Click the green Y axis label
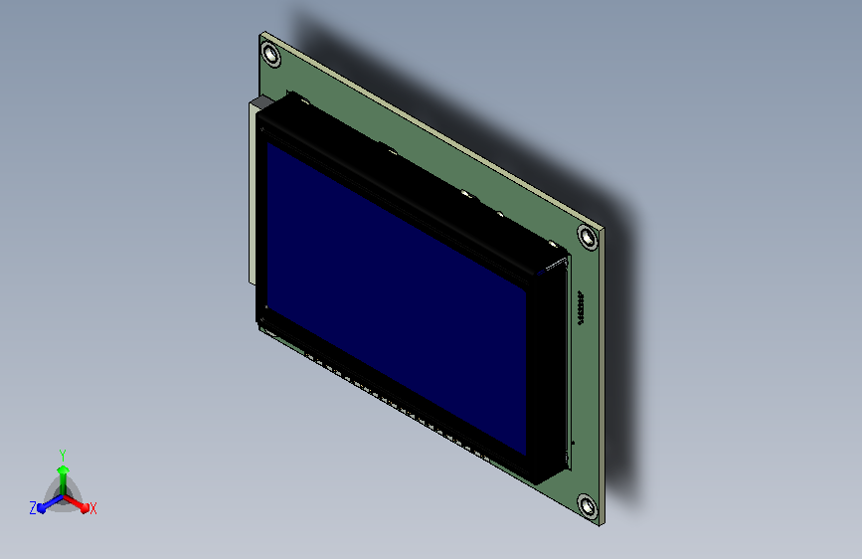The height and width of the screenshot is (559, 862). pyautogui.click(x=63, y=456)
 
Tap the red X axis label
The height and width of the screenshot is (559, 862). pyautogui.click(x=93, y=509)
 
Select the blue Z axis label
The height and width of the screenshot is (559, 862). pyautogui.click(x=33, y=508)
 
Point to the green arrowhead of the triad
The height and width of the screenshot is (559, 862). pyautogui.click(x=64, y=469)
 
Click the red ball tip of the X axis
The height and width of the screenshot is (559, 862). pyautogui.click(x=85, y=508)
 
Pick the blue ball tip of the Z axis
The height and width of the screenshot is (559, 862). pyautogui.click(x=41, y=508)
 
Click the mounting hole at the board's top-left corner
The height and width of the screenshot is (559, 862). pyautogui.click(x=271, y=55)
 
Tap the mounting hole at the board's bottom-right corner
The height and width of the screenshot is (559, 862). pyautogui.click(x=588, y=506)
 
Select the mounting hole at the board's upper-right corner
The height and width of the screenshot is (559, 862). pyautogui.click(x=588, y=238)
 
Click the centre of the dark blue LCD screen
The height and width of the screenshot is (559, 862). pyautogui.click(x=397, y=298)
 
